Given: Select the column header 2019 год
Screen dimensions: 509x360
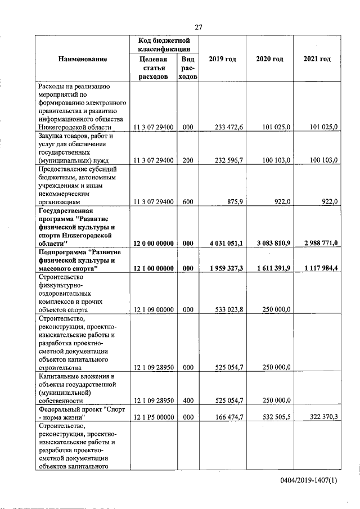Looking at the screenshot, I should coord(222,59).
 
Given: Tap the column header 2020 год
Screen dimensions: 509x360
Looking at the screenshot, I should coord(269,59).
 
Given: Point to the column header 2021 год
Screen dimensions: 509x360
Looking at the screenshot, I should coord(317,59).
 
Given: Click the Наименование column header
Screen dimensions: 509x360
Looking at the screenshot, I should coord(82,59).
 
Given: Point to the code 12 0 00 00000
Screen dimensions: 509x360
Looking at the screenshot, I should coord(154,243).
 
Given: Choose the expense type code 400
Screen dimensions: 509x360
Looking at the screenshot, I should coord(188,400).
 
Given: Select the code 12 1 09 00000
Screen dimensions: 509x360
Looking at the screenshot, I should coord(154,309).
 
